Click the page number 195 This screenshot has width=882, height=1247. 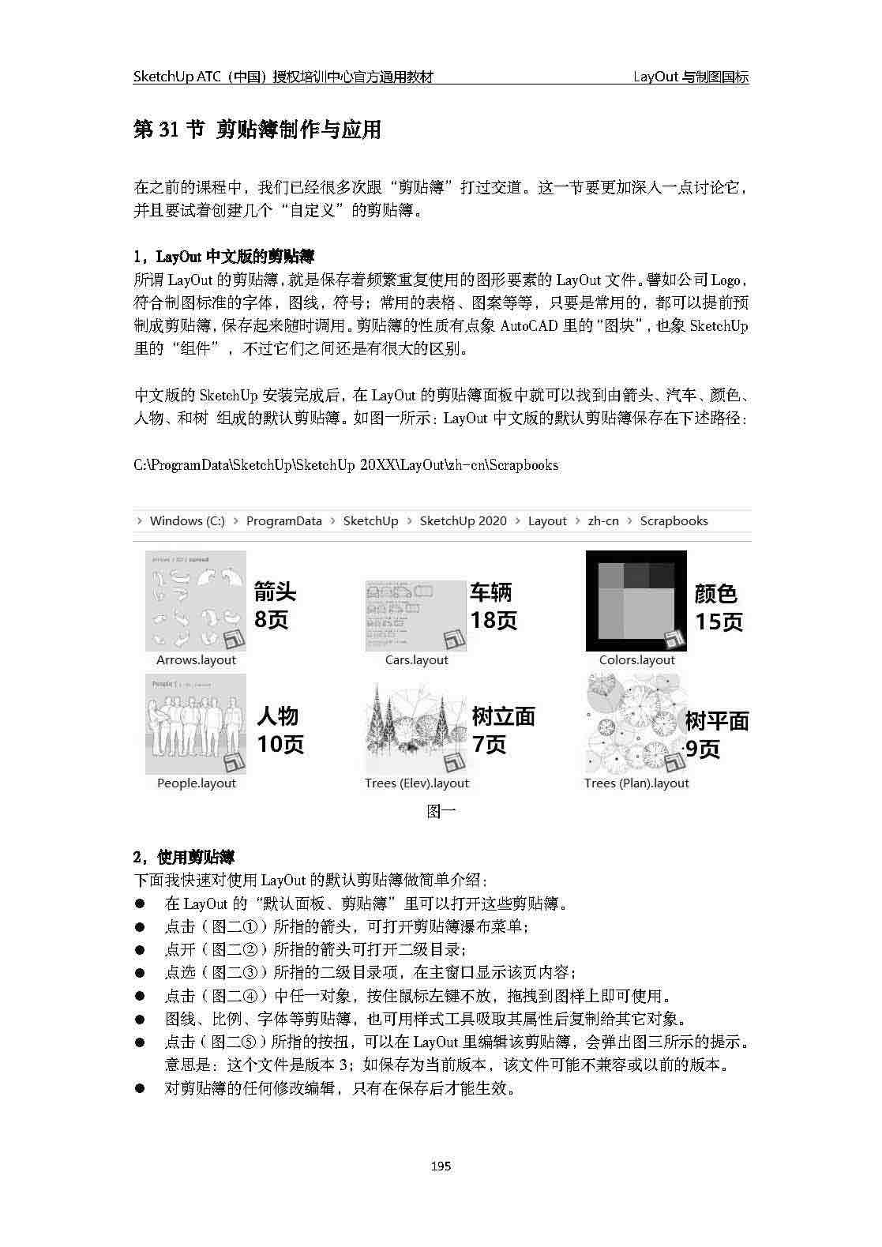[x=441, y=1166]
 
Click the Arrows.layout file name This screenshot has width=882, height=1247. [x=196, y=660]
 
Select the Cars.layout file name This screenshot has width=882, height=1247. [x=416, y=660]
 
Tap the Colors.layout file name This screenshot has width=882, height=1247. [x=636, y=660]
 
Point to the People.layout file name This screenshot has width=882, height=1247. [x=196, y=783]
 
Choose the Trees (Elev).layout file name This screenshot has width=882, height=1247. [x=416, y=783]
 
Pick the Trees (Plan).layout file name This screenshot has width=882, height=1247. [x=636, y=783]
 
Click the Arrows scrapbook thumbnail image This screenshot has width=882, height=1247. [x=196, y=601]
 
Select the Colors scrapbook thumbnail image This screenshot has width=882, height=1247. [x=636, y=601]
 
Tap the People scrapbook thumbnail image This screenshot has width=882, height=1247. [x=196, y=724]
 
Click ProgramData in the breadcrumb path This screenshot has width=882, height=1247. [x=283, y=521]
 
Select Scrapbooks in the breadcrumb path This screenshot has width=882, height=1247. [x=674, y=521]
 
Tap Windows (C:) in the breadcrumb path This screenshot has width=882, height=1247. [x=187, y=521]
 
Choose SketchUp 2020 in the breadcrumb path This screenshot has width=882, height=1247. [x=463, y=521]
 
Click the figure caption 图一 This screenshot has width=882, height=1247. [x=441, y=811]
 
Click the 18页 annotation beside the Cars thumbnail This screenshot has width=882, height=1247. [x=494, y=620]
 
